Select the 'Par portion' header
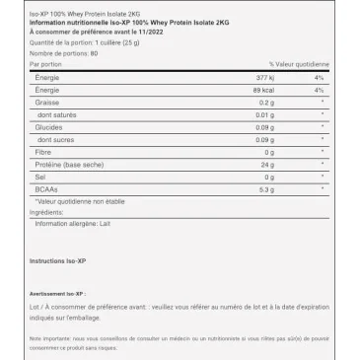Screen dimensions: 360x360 pyautogui.click(x=44, y=64)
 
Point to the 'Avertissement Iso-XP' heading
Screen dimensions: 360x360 pyautogui.click(x=55, y=294)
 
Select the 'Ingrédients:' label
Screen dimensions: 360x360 pyautogui.click(x=46, y=211)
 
